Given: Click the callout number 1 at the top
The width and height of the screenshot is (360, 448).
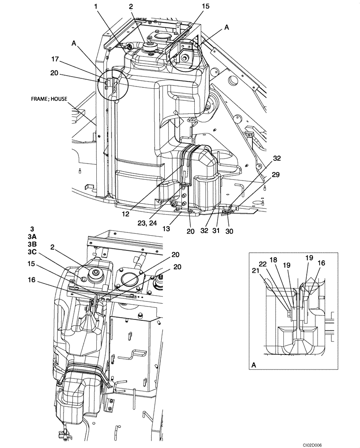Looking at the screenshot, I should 96,8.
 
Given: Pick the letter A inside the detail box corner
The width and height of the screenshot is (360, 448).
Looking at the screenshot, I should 254,365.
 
